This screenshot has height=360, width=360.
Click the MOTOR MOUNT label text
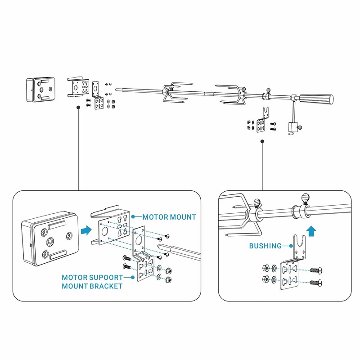click(x=169, y=217)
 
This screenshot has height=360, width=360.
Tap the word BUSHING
click(x=265, y=246)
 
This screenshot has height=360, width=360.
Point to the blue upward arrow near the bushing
click(x=311, y=230)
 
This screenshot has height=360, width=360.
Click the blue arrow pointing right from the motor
click(x=86, y=230)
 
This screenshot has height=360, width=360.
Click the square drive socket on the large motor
click(x=50, y=241)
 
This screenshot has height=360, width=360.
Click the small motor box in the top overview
click(x=40, y=89)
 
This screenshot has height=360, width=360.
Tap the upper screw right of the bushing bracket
click(x=316, y=270)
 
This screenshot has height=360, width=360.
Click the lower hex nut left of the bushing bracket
click(x=266, y=279)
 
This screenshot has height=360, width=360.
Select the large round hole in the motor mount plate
click(x=105, y=231)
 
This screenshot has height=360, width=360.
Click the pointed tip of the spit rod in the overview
click(x=116, y=90)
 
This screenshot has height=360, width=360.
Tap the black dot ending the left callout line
click(x=78, y=107)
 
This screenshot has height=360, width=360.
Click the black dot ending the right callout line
click(x=262, y=141)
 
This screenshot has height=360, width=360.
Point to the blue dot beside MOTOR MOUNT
click(x=133, y=217)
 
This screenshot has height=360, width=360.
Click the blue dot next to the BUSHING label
click(x=291, y=246)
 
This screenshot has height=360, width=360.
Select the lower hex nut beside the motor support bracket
click(x=168, y=279)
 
